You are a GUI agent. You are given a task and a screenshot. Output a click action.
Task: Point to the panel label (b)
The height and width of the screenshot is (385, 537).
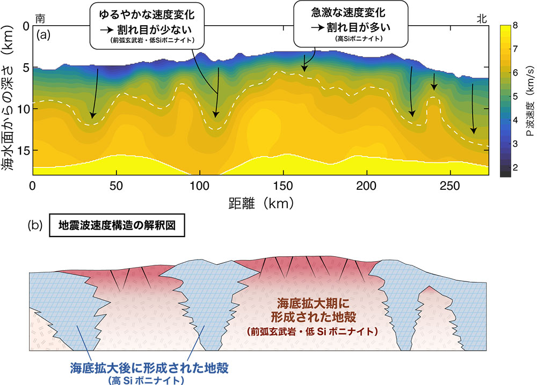click(x=34, y=226)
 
